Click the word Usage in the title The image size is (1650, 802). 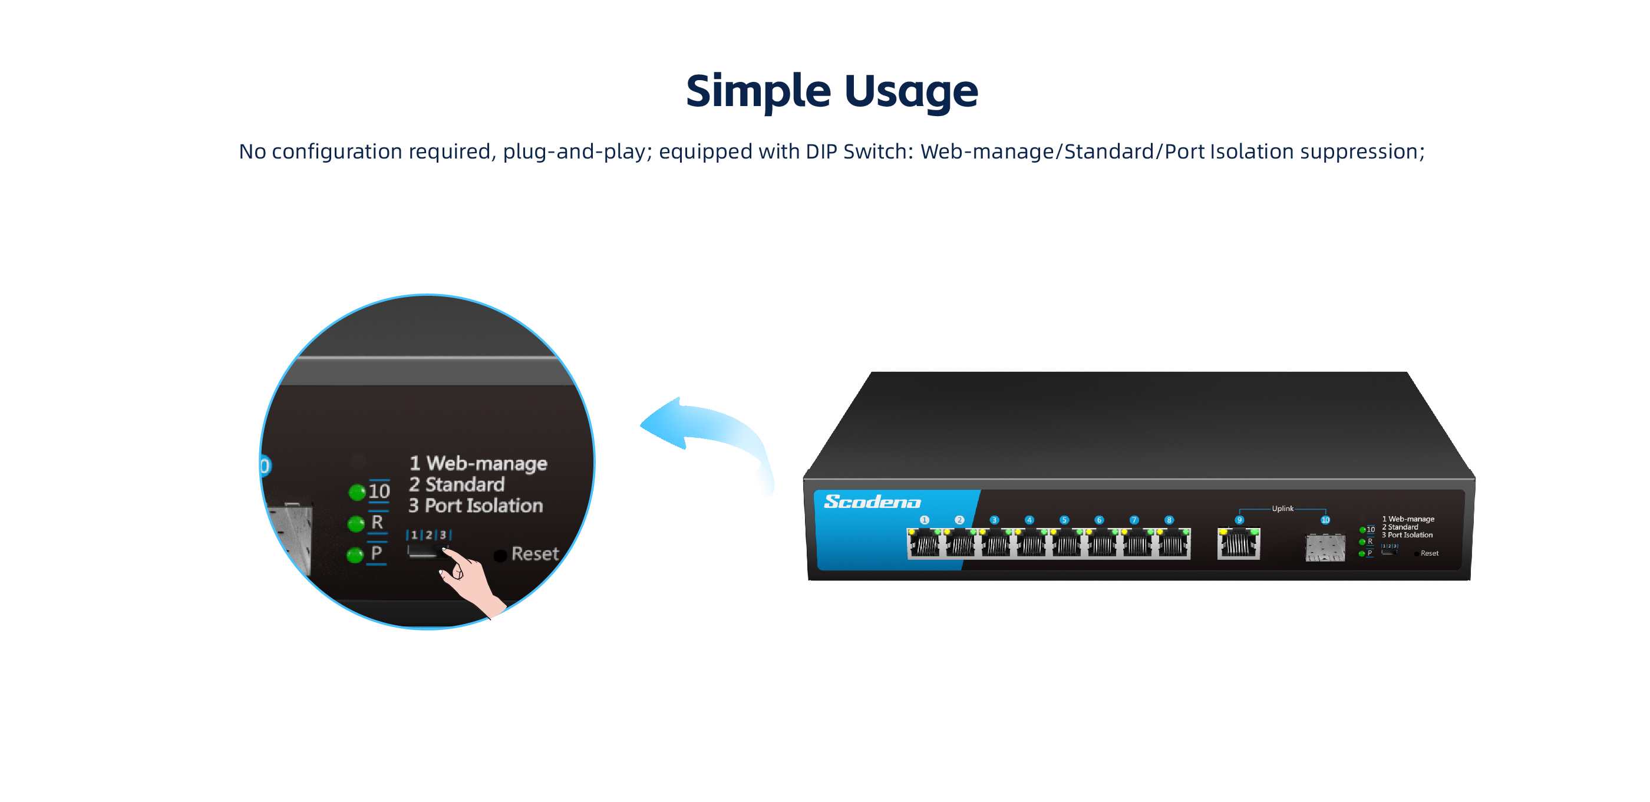pos(911,91)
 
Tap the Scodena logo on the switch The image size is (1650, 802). pos(872,501)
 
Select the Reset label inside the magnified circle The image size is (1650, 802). pos(535,553)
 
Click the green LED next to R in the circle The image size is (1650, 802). pos(356,524)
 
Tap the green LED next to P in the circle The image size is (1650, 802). pos(355,555)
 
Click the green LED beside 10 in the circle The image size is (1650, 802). pos(357,492)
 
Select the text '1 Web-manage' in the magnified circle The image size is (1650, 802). pos(478,463)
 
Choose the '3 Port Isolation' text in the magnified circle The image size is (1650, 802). pos(476,506)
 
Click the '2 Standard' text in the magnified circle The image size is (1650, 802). pos(457,484)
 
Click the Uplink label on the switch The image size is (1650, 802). pos(1282,509)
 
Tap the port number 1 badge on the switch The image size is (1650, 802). pos(924,520)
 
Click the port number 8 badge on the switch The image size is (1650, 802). pos(1169,520)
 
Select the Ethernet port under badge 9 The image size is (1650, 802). pos(1238,544)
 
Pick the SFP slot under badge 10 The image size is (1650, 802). pos(1325,547)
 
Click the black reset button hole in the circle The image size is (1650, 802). pos(500,555)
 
